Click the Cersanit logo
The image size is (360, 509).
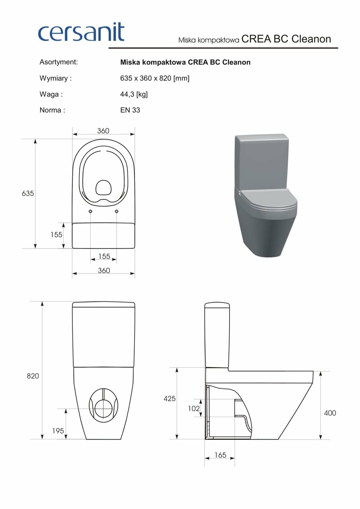(x=81, y=32)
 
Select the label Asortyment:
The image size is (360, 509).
(x=58, y=62)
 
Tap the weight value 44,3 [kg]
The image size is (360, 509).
(x=134, y=94)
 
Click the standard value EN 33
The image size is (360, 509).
(x=130, y=110)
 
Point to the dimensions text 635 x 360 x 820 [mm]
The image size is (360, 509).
(x=154, y=78)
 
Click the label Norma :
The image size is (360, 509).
(x=52, y=110)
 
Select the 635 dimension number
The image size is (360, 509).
(x=28, y=193)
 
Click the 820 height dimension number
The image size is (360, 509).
(x=33, y=376)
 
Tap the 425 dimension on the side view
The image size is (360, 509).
(x=169, y=398)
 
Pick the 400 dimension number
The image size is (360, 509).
(x=330, y=413)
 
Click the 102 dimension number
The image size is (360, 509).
(x=194, y=408)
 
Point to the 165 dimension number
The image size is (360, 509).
(x=220, y=455)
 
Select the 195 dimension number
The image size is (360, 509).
(x=58, y=431)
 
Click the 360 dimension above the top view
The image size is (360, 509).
(x=103, y=131)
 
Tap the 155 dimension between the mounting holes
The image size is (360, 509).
(x=104, y=256)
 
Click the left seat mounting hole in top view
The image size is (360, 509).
(x=91, y=211)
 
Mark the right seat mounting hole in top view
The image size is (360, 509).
(x=117, y=211)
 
